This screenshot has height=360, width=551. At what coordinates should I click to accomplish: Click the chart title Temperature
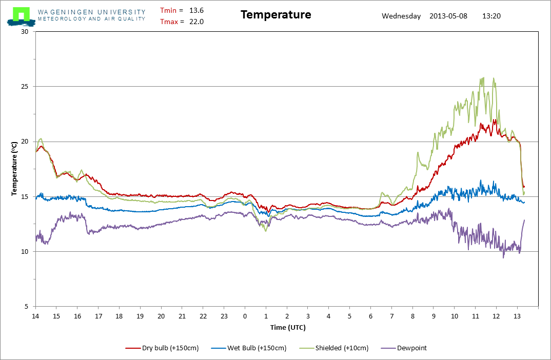point(276,15)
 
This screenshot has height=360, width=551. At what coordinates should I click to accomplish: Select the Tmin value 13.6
point(196,11)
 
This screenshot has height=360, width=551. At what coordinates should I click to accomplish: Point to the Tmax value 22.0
point(196,22)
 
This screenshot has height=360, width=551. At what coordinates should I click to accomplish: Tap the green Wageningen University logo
point(21,16)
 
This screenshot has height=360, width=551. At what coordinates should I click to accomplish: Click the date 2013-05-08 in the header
point(448,16)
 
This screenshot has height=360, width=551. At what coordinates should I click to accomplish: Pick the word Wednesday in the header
point(401,16)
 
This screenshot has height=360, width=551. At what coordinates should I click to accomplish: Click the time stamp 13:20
point(491,16)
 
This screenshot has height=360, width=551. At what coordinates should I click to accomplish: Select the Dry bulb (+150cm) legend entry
point(162,348)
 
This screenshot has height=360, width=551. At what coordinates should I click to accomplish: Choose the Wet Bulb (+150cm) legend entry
point(249,348)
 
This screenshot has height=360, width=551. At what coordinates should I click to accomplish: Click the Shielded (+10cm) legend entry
point(334,348)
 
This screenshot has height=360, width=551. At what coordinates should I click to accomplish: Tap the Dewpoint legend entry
point(404,348)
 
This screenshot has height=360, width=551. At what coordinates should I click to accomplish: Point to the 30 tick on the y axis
point(25,32)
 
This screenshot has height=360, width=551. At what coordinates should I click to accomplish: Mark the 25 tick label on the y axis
point(25,86)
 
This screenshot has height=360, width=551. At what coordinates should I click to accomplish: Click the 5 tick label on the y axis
point(26,307)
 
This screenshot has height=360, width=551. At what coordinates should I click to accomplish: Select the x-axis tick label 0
point(245,316)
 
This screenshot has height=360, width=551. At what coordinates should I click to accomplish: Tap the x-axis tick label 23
point(224,316)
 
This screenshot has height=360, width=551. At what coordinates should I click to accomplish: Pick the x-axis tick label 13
point(517,316)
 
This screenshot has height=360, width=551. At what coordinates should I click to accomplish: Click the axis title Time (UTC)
point(288,328)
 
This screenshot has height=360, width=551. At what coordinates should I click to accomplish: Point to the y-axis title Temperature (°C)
point(14,169)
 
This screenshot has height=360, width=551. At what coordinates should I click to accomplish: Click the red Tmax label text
point(169,22)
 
